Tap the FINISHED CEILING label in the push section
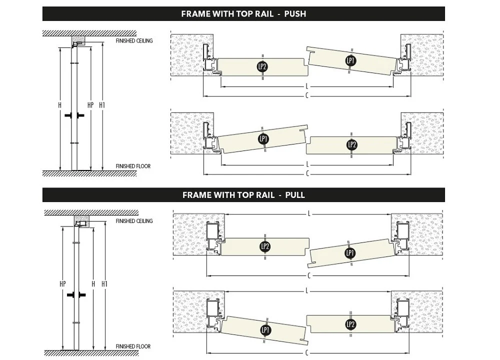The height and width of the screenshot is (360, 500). (134, 40)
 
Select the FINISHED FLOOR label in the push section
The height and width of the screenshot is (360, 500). (133, 166)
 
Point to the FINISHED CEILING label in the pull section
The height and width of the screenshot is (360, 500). (134, 220)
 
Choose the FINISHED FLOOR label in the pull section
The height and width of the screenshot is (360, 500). (133, 346)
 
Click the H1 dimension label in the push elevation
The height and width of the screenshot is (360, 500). (102, 105)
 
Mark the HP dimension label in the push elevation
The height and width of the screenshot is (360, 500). (90, 105)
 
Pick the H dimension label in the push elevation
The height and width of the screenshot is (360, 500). (59, 105)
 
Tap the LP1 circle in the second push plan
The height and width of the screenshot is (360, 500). (263, 138)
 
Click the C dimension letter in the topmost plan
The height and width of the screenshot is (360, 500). (306, 95)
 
